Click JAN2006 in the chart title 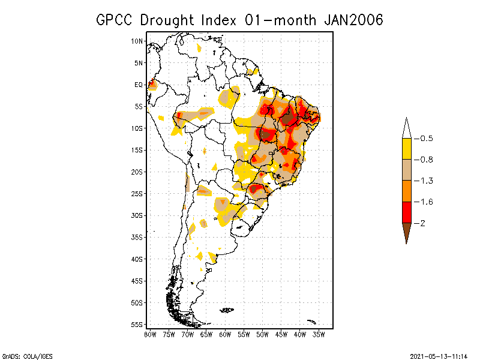[x=353, y=20]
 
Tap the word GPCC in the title [x=116, y=20]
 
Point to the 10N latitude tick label [x=137, y=41]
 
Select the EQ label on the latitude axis [x=139, y=85]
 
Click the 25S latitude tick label [x=137, y=193]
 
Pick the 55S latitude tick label [x=137, y=324]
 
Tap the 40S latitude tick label [x=137, y=259]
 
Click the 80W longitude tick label [x=150, y=334]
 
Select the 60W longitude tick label [x=225, y=334]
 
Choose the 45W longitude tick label [x=281, y=334]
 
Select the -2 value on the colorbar [x=422, y=223]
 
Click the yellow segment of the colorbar [x=406, y=149]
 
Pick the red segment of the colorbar [x=406, y=212]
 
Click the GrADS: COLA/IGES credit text [x=22, y=355]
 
